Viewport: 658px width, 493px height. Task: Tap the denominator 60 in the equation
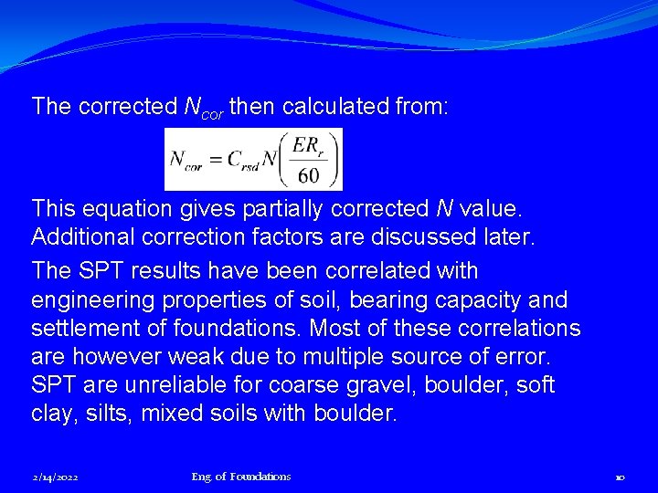pyautogui.click(x=309, y=174)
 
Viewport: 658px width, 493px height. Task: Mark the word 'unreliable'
pyautogui.click(x=170, y=385)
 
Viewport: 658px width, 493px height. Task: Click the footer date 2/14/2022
pyautogui.click(x=55, y=477)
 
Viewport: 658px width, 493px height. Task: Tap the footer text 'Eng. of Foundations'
pyautogui.click(x=241, y=477)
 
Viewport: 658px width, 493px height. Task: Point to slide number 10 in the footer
pyautogui.click(x=620, y=477)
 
